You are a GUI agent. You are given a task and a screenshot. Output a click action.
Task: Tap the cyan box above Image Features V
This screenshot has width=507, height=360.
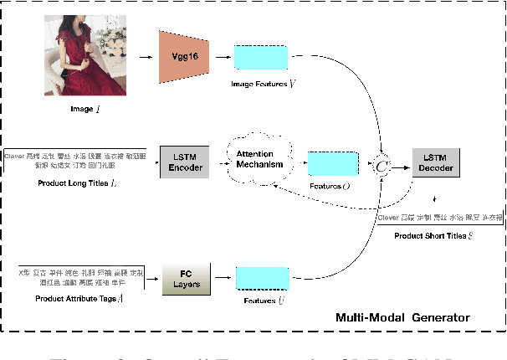pyautogui.click(x=260, y=57)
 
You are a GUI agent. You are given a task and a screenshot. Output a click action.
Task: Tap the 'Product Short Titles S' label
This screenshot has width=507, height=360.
pyautogui.click(x=433, y=236)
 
